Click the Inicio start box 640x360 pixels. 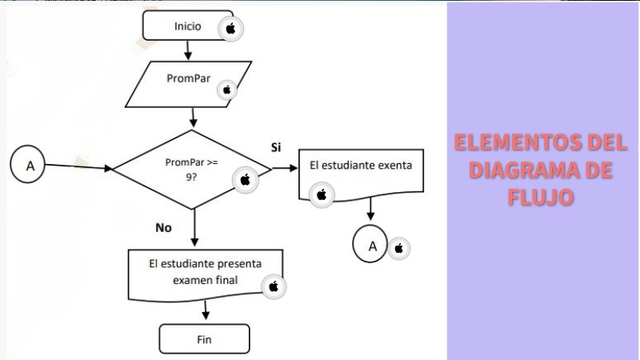(187, 26)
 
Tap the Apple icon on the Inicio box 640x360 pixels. (231, 29)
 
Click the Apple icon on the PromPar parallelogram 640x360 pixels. (226, 90)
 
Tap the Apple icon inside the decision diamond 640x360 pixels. (245, 180)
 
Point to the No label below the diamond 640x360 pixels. (163, 227)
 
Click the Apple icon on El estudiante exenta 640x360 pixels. (322, 194)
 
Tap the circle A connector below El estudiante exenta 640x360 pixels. (371, 246)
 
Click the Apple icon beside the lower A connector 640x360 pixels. (399, 249)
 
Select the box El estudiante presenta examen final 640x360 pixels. (205, 272)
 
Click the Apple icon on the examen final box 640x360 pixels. (273, 286)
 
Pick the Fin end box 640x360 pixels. (204, 339)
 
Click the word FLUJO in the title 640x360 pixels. (541, 197)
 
